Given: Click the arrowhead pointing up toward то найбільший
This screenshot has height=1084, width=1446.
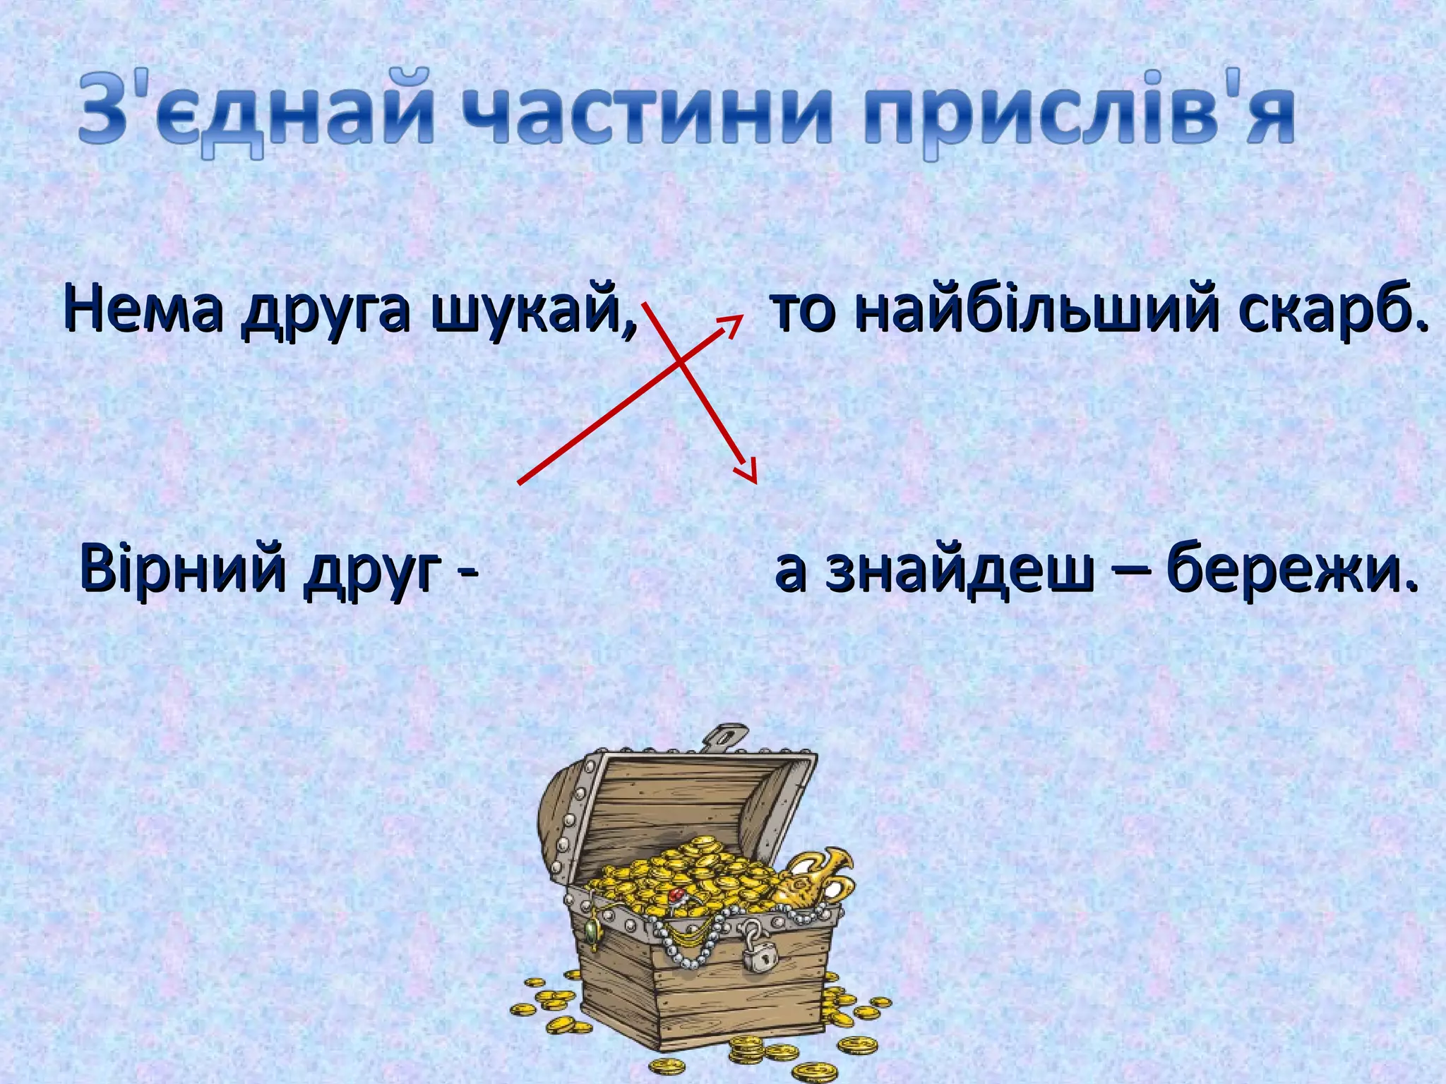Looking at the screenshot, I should click(x=734, y=323).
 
